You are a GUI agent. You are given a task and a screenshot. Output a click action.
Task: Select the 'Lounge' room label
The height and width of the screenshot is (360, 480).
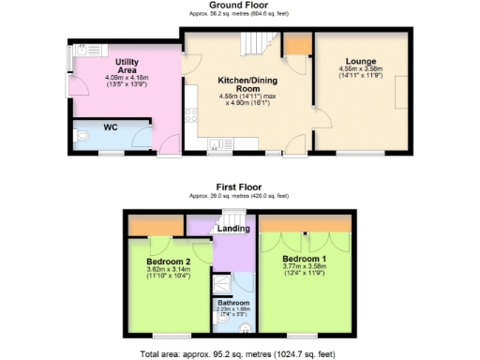click(361, 60)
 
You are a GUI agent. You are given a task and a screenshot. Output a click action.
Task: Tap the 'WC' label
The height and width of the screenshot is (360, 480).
click(110, 127)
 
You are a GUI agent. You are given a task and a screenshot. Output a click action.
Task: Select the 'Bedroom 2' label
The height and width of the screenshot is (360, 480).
click(169, 262)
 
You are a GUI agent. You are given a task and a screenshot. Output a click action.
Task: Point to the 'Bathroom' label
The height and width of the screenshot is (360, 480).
click(233, 303)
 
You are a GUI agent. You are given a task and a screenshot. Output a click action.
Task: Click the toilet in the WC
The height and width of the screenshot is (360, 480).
click(82, 137)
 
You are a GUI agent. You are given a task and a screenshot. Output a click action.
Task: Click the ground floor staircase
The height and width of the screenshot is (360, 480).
click(256, 42)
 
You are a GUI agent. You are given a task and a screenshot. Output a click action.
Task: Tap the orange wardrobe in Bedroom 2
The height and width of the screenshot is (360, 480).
click(156, 226)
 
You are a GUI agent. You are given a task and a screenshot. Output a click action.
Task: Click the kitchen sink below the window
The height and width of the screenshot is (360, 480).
click(214, 143)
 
